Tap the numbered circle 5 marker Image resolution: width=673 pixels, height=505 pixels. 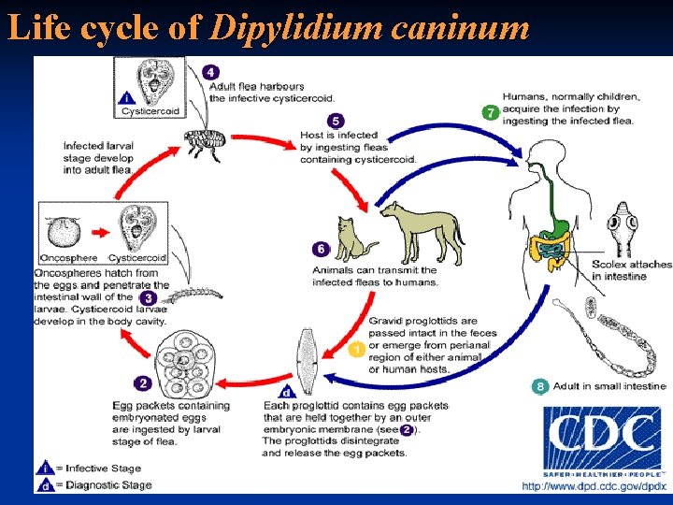(336, 122)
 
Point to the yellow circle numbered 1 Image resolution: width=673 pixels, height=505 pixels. (356, 350)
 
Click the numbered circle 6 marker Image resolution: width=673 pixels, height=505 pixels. (321, 250)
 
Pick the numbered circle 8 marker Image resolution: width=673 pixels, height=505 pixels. (539, 386)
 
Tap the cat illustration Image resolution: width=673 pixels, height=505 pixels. (354, 239)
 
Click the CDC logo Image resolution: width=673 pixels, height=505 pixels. (602, 440)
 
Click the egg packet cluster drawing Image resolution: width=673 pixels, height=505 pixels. (187, 359)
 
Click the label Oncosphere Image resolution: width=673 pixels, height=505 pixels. (69, 257)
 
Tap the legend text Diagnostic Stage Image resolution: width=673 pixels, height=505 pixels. (99, 484)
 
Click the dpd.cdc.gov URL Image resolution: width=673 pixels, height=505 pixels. (594, 486)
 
